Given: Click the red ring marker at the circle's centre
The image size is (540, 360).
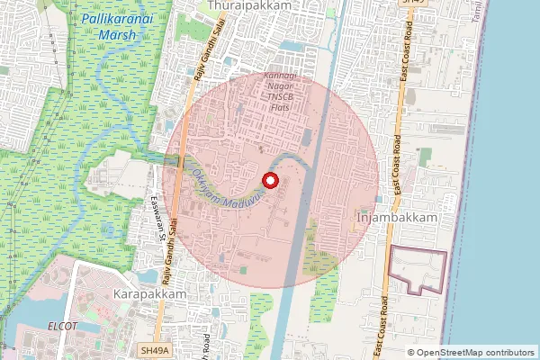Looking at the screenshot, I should click(270, 180).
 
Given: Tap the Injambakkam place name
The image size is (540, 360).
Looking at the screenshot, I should click(397, 219).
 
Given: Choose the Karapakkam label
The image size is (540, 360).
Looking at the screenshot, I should click(150, 294).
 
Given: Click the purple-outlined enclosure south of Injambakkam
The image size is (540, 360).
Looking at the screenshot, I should click(416, 270).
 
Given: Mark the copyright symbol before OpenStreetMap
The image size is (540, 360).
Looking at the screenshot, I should click(411, 352).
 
